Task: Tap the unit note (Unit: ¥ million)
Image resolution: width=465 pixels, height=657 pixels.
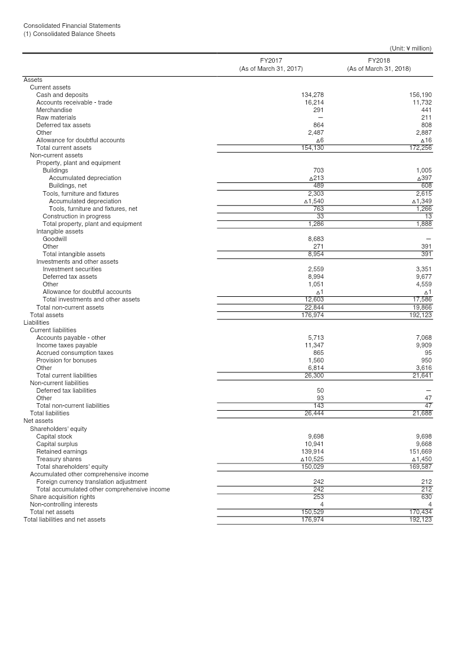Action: point(410,49)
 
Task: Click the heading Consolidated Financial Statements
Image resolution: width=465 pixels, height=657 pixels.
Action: point(72,26)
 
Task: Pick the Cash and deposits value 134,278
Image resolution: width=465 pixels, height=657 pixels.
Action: point(312,95)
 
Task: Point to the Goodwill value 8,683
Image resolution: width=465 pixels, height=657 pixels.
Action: point(316,239)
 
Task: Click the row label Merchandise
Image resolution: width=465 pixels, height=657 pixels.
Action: point(54,110)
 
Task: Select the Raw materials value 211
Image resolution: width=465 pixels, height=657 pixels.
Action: point(426,117)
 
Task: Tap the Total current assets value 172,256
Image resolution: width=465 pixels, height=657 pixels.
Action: point(420,148)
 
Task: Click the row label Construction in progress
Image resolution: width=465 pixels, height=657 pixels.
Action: point(76,216)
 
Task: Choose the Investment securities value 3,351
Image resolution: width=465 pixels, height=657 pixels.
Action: point(424,269)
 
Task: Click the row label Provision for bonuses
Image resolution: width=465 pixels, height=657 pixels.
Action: point(66,360)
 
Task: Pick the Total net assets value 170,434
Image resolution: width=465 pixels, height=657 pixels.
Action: point(420,512)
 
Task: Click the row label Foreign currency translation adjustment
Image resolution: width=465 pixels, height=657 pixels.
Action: point(91,482)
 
